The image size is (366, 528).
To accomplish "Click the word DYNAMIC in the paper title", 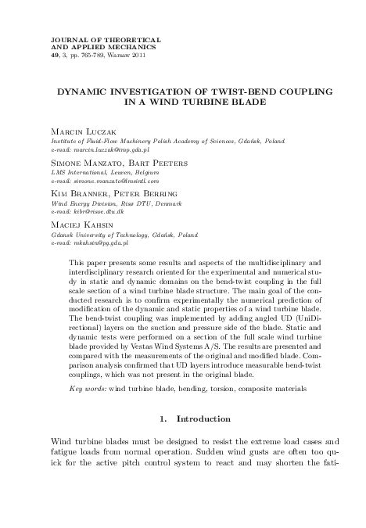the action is [x=81, y=92].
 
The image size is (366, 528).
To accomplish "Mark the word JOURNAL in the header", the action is [x=66, y=38].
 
